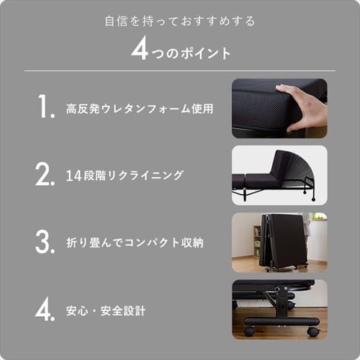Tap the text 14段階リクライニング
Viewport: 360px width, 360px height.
point(124,176)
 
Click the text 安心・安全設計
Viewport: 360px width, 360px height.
point(106,311)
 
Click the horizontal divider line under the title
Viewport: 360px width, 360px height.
point(180,71)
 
